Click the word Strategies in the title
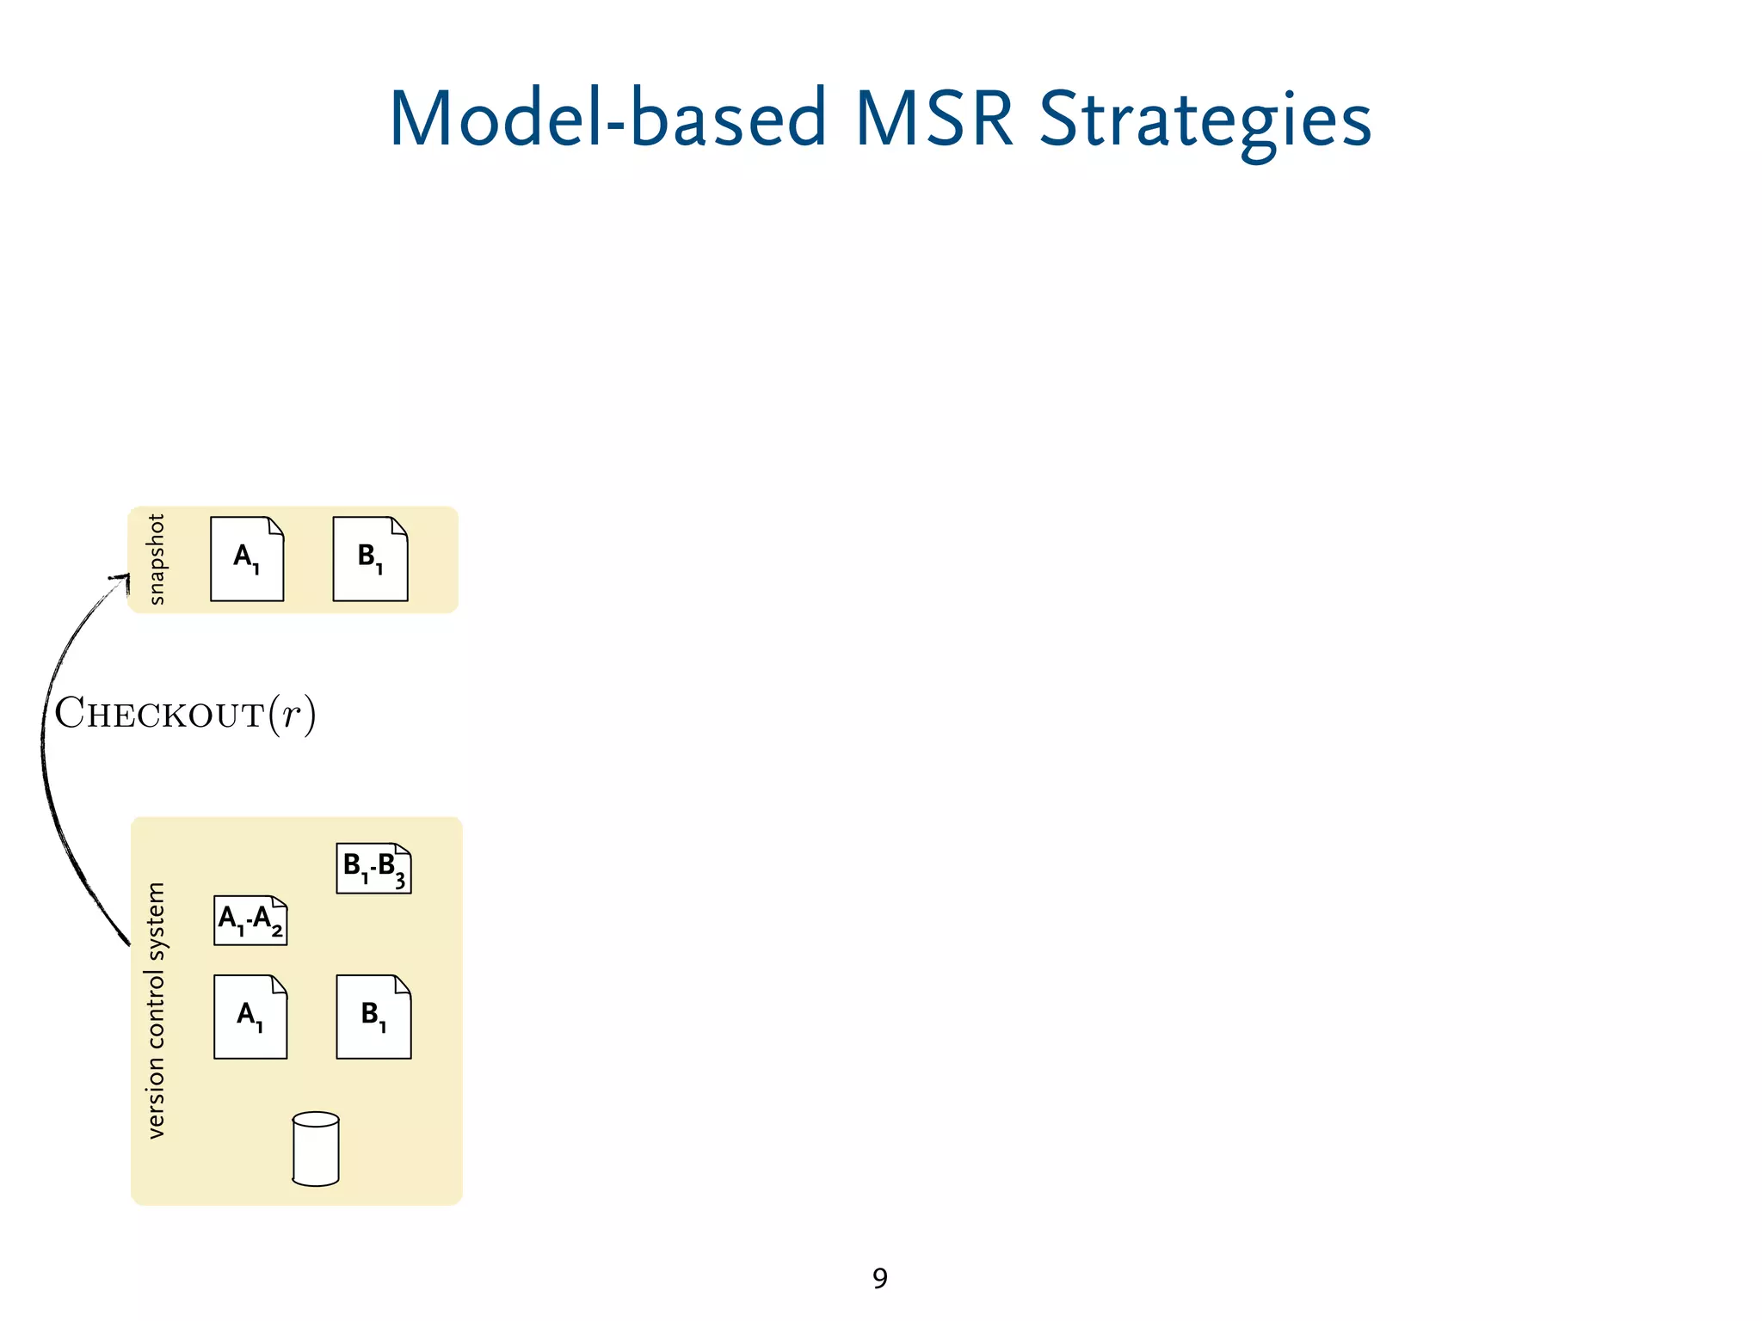pyautogui.click(x=1204, y=120)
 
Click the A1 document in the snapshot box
pyautogui.click(x=247, y=559)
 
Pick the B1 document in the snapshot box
pyautogui.click(x=370, y=559)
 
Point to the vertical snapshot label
pyautogui.click(x=156, y=559)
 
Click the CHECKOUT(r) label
pyautogui.click(x=185, y=714)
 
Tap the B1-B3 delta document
pyautogui.click(x=373, y=869)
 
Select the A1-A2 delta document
pyautogui.click(x=250, y=920)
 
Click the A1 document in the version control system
pyautogui.click(x=250, y=1017)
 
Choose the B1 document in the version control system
pyautogui.click(x=373, y=1017)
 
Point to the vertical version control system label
pyautogui.click(x=156, y=1011)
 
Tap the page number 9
pyautogui.click(x=879, y=1279)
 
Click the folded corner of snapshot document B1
pyautogui.click(x=399, y=525)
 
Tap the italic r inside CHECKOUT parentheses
pyautogui.click(x=293, y=716)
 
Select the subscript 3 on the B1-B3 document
pyautogui.click(x=400, y=882)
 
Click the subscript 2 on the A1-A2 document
pyautogui.click(x=277, y=931)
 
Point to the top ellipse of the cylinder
pyautogui.click(x=316, y=1120)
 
